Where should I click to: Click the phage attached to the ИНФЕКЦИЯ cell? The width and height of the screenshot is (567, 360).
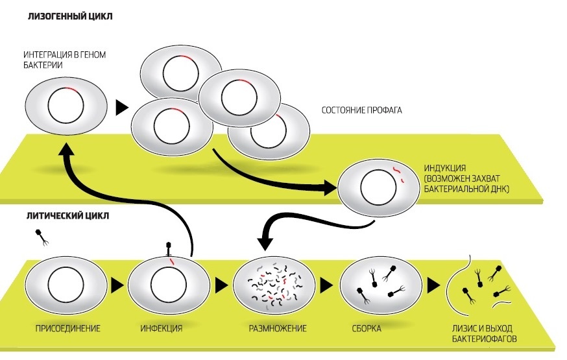pyautogui.click(x=167, y=248)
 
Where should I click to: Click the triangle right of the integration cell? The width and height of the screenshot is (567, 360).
pyautogui.click(x=120, y=108)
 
